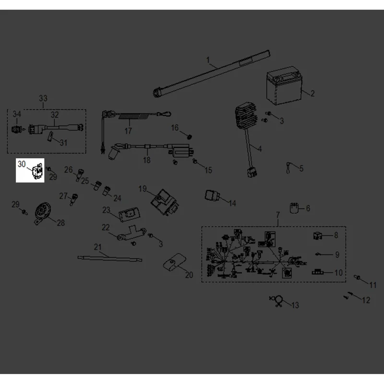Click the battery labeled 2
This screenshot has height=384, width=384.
(x=284, y=86)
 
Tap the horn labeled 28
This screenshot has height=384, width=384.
(x=42, y=212)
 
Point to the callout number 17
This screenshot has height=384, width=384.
(x=128, y=131)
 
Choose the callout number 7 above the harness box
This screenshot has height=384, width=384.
(x=278, y=215)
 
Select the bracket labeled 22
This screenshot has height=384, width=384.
(x=132, y=235)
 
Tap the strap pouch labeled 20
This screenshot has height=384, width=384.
(x=175, y=263)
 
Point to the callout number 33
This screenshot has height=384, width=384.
(x=43, y=98)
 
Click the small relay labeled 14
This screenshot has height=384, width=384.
(x=212, y=196)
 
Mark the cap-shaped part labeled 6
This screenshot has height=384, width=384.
(x=294, y=208)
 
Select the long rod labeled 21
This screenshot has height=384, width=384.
(x=110, y=258)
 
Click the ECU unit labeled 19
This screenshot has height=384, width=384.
(x=165, y=202)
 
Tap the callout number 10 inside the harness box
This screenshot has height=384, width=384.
(x=339, y=273)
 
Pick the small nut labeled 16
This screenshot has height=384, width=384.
(x=189, y=136)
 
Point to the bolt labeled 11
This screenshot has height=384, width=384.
(x=357, y=277)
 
